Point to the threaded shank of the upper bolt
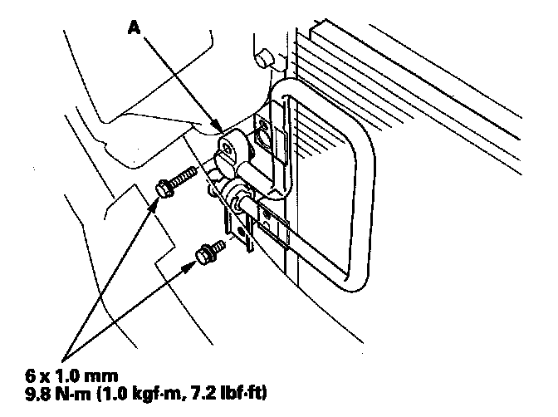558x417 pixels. tap(184, 176)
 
